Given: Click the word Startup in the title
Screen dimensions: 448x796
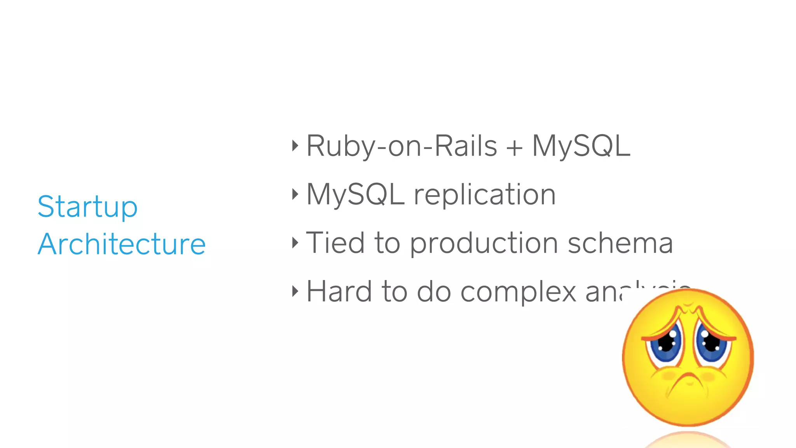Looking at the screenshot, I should [x=87, y=206].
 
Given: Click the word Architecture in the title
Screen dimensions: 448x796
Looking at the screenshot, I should [x=122, y=244].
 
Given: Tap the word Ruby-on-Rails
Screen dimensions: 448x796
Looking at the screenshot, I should [x=401, y=146].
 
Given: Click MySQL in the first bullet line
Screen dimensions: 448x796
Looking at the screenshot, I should [x=581, y=146].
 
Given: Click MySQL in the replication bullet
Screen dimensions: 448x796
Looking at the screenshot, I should [x=355, y=194].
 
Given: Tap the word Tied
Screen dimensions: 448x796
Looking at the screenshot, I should [x=335, y=243].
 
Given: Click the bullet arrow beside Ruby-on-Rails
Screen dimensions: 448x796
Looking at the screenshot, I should [x=295, y=146].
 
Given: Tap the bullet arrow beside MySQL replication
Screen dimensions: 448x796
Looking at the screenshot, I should [x=295, y=194].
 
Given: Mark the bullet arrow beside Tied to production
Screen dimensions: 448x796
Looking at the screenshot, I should [x=295, y=243].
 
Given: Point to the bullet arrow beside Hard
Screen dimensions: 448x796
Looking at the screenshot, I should [x=295, y=291].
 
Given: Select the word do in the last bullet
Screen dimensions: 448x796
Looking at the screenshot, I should [x=434, y=291].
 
